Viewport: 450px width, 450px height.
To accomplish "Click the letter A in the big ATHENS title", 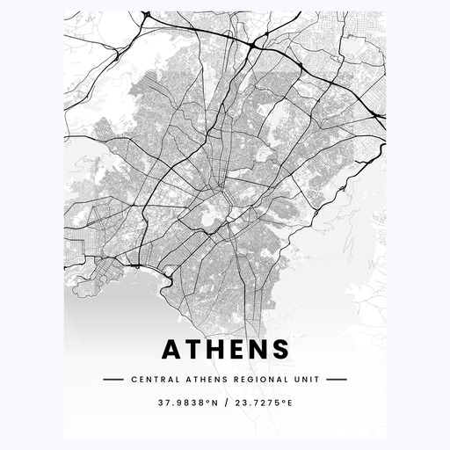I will point(172,350).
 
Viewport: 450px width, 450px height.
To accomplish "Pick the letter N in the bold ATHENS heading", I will point(258,350).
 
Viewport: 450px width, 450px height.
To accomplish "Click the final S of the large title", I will point(280,350).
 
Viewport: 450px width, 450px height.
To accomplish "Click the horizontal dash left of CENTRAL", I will point(112,380).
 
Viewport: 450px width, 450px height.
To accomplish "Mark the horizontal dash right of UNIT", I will point(337,380).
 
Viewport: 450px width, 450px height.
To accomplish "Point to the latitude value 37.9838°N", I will point(188,403).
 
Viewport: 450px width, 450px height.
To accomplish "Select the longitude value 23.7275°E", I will point(262,403).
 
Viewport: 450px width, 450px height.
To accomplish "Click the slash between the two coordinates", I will point(225,403).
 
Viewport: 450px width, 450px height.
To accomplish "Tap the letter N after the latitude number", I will point(211,403).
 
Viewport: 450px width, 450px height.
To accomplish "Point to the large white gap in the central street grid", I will point(210,214).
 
